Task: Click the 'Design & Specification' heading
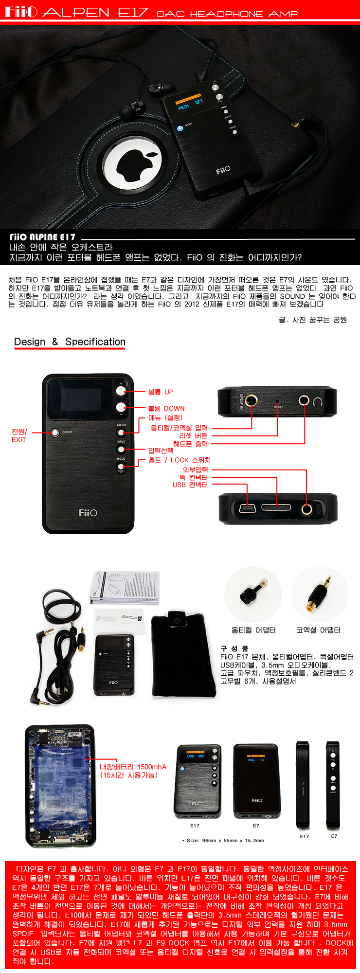pyautogui.click(x=70, y=342)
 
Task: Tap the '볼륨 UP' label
pyautogui.click(x=161, y=392)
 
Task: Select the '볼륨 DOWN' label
pyautogui.click(x=166, y=408)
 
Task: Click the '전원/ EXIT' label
pyautogui.click(x=19, y=435)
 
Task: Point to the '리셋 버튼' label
pyautogui.click(x=193, y=435)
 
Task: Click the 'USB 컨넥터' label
pyautogui.click(x=190, y=485)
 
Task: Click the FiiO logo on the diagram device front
pyautogui.click(x=88, y=513)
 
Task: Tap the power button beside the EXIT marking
pyautogui.click(x=55, y=432)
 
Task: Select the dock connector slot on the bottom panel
pyautogui.click(x=277, y=508)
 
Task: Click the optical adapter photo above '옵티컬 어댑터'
pyautogui.click(x=253, y=595)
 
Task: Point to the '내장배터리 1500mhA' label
pyautogui.click(x=133, y=767)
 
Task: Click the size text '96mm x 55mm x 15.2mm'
pyautogui.click(x=225, y=840)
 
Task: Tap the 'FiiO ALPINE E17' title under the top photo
pyautogui.click(x=42, y=237)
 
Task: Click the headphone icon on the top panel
pyautogui.click(x=318, y=401)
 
